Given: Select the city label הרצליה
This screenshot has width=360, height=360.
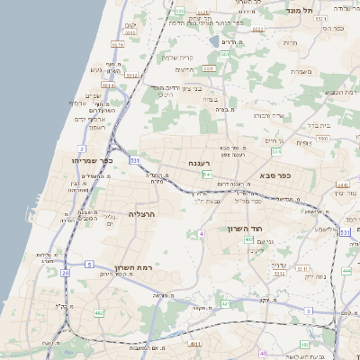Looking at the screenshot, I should tap(142, 213).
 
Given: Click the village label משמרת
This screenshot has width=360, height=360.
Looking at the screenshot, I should tap(300, 71).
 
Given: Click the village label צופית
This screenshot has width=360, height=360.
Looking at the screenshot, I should tap(303, 142).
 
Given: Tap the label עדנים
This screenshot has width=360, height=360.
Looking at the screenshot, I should tap(277, 265).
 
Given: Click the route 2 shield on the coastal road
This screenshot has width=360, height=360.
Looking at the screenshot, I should tap(82, 147).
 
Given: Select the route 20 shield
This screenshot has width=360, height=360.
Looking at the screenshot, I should tap(65, 272).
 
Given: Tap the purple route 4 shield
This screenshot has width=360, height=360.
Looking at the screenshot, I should tap(202, 233).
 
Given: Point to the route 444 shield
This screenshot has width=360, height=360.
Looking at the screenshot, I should tap(346, 270).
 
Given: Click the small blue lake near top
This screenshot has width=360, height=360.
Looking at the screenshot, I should tap(214, 40).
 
